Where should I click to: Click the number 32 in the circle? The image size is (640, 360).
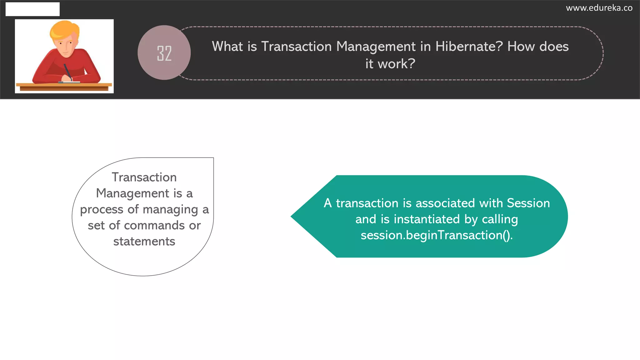164,53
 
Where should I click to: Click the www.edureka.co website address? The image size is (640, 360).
599,8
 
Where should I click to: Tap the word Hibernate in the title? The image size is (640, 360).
469,47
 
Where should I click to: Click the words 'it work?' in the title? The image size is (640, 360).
390,64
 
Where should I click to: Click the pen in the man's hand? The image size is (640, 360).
67,72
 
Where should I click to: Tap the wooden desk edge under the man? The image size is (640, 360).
64,85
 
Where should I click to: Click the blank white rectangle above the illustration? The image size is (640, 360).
32,9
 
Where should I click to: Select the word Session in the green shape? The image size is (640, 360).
528,203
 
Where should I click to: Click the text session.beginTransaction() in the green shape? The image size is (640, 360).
436,235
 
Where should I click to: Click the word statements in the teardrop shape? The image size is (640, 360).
144,242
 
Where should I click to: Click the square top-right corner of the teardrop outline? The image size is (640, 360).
213,158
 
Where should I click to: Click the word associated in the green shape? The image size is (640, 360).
445,203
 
